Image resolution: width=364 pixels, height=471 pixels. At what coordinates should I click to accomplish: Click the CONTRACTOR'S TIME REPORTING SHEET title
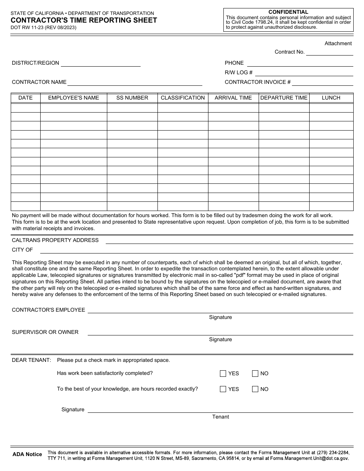[84, 20]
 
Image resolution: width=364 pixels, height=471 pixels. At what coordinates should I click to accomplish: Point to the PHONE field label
[234, 63]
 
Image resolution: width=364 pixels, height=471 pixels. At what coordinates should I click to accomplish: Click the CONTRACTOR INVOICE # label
[257, 82]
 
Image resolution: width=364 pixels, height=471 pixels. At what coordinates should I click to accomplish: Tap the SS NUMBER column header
[132, 98]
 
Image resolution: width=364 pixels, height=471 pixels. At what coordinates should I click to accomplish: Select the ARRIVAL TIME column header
[233, 98]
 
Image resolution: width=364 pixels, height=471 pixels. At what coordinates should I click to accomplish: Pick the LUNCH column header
[331, 98]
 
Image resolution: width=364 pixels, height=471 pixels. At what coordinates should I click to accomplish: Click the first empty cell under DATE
[26, 108]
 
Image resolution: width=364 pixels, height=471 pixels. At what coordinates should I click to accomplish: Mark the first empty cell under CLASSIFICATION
[183, 108]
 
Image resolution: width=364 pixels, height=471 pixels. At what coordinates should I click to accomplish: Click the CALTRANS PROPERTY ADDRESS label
[55, 240]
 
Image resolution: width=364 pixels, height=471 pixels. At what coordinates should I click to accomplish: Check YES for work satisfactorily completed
[223, 374]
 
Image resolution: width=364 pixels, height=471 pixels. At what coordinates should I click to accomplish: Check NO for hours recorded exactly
[255, 389]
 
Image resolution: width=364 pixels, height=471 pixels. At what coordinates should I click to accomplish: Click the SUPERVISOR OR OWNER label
[45, 332]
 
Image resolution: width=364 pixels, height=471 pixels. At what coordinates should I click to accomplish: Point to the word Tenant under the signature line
[221, 417]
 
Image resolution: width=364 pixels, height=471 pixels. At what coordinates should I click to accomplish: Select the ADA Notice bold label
[27, 454]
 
